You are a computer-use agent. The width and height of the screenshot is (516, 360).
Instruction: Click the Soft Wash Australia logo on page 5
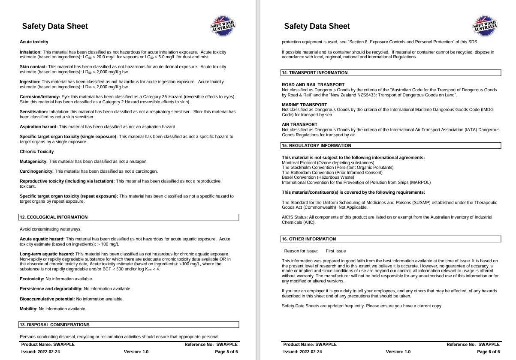tap(223, 26)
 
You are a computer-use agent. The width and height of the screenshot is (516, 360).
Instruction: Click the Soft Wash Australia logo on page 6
tap(485, 26)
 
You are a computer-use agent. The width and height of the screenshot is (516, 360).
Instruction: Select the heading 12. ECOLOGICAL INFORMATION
tap(54, 217)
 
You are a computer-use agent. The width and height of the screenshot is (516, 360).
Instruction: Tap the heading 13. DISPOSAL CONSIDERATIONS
tap(54, 325)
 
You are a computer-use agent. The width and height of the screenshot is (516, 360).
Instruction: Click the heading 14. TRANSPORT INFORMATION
tap(314, 73)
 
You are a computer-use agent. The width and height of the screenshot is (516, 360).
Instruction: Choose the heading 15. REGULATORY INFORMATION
tap(317, 146)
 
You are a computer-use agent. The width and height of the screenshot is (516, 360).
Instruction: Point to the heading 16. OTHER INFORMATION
tap(309, 239)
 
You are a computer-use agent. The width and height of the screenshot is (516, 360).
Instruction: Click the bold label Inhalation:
tap(30, 52)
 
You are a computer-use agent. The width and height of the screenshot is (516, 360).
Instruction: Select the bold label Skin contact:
tap(33, 67)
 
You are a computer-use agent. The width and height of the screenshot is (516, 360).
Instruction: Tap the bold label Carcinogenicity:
tap(36, 171)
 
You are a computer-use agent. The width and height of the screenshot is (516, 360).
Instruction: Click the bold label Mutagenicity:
tap(33, 162)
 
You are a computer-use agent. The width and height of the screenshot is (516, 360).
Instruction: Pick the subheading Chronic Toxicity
tap(37, 152)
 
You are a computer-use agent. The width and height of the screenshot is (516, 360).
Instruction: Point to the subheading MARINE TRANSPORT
tap(304, 105)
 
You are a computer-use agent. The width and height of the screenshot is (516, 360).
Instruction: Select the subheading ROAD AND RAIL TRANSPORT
tap(313, 85)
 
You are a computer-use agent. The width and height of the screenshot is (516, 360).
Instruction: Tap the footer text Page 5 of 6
tap(226, 352)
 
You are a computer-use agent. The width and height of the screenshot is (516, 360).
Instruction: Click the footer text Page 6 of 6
tap(488, 352)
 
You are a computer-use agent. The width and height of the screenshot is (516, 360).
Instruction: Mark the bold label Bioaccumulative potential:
tap(47, 299)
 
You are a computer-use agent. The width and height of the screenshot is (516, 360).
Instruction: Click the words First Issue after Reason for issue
tap(335, 251)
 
